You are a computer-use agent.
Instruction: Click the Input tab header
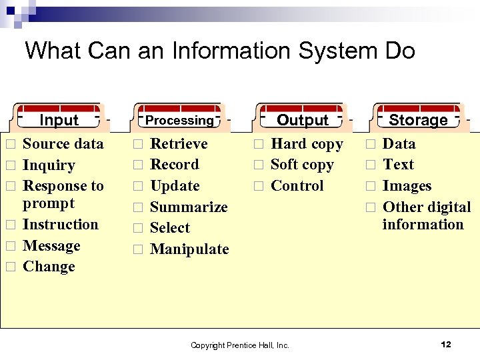(x=59, y=120)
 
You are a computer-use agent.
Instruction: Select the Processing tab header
(x=179, y=120)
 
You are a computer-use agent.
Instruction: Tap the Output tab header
(x=303, y=120)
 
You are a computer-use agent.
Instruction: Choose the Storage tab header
(x=418, y=120)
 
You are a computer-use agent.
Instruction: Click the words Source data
(x=63, y=144)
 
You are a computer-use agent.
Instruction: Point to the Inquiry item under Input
(x=49, y=165)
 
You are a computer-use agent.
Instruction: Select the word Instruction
(x=61, y=225)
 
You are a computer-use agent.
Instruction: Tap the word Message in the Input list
(x=51, y=246)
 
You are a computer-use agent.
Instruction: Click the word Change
(x=49, y=267)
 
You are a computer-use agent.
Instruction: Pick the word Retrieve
(x=179, y=144)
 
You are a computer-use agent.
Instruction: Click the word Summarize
(x=189, y=207)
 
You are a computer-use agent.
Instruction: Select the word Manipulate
(x=189, y=249)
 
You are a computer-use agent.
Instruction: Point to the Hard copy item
(x=307, y=144)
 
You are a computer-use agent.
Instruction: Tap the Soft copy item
(x=302, y=165)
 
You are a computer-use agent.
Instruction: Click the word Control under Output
(x=297, y=186)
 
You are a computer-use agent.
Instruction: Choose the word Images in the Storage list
(x=407, y=186)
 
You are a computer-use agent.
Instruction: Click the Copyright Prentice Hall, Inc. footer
(x=240, y=345)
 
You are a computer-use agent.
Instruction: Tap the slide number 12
(x=446, y=344)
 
